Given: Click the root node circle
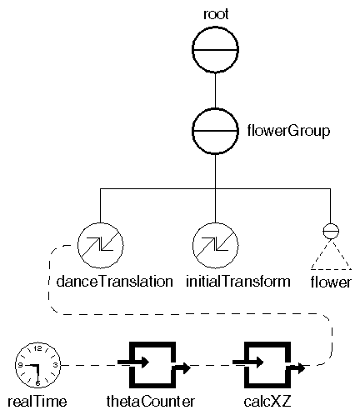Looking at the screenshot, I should tap(215, 52).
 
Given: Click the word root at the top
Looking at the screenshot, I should tap(215, 13).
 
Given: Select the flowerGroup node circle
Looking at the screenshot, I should tap(215, 130).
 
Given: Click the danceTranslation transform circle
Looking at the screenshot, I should tap(101, 247).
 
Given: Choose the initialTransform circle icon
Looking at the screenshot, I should tap(215, 247).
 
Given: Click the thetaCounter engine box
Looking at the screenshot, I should tap(150, 364).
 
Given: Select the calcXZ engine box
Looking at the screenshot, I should tap(266, 364).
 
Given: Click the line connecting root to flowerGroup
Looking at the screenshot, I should tap(215, 91).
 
